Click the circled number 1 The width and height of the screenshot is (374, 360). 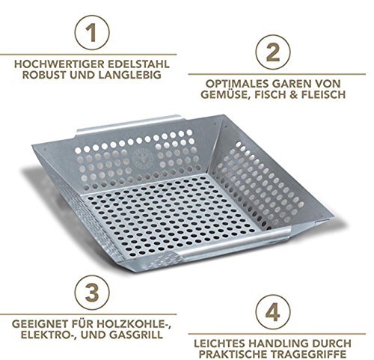tap(92, 33)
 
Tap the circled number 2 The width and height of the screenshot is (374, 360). tap(273, 52)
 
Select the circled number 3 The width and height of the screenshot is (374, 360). tap(92, 293)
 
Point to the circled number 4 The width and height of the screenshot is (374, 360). tap(273, 312)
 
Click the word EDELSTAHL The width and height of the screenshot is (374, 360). tap(138, 64)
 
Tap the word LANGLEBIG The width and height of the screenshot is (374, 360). tap(129, 75)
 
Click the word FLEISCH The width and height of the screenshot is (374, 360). tap(324, 94)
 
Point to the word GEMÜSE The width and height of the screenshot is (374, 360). tap(224, 94)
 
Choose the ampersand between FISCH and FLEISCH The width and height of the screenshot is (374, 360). tap(293, 94)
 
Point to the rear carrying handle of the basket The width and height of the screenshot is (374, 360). tap(129, 126)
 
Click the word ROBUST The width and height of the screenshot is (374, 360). tap(44, 75)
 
